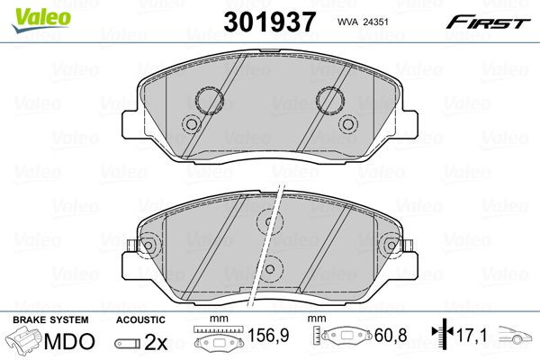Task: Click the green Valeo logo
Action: (41, 21)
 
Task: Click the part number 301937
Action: (269, 22)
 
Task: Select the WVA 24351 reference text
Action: (363, 22)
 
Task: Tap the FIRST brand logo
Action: (488, 22)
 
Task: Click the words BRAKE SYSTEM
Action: (50, 320)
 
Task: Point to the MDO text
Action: (69, 341)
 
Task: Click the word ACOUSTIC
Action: (140, 320)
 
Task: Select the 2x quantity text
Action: (156, 342)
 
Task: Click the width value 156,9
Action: (268, 335)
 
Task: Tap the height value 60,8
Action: (391, 335)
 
